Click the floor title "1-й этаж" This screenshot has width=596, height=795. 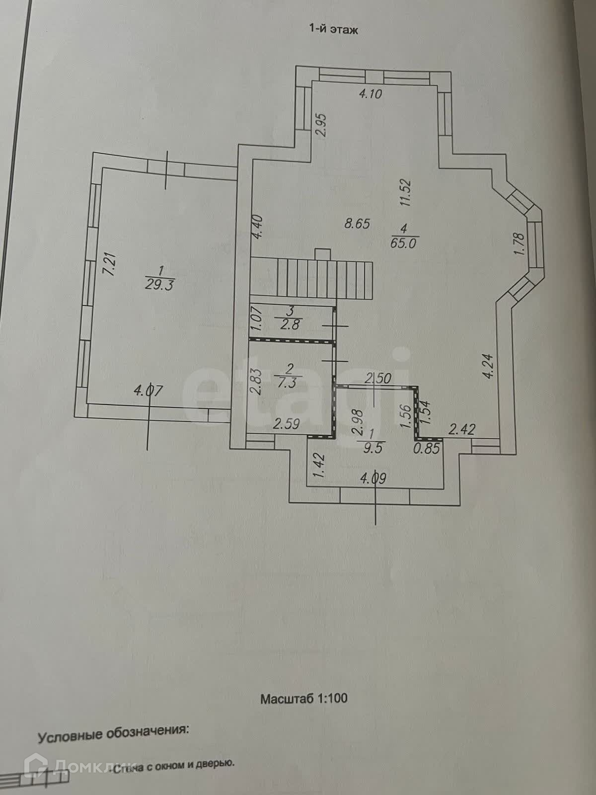pos(334,30)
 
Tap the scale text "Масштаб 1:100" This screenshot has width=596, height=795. pos(304,698)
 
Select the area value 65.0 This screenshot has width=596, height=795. pos(405,243)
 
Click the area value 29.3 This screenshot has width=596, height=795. pos(159,285)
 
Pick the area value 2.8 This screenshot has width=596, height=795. pos(292,325)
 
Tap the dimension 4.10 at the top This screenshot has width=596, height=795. pos(371,93)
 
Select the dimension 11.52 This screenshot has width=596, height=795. pos(407,192)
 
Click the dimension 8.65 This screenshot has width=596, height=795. pos(357,224)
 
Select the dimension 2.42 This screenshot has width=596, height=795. pos(462,429)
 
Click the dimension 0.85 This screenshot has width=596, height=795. pos(427,449)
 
